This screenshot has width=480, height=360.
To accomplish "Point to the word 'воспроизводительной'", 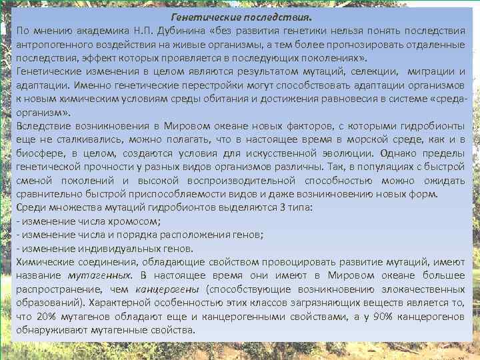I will point(252,181).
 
